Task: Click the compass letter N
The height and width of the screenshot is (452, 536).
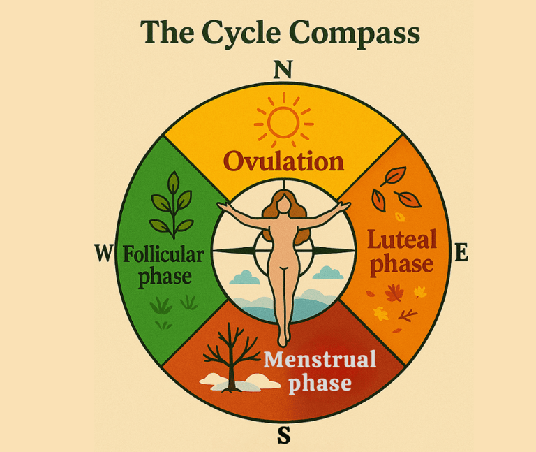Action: pos(282,70)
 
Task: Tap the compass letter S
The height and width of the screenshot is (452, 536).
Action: pos(283,435)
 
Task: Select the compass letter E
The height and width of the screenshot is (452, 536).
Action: pos(461,252)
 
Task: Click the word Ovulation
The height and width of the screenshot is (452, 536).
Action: pos(284,162)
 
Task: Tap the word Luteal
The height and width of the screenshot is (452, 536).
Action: pos(402,240)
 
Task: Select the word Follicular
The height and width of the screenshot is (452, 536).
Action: pos(163,254)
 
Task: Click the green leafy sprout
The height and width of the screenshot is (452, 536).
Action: pos(170,206)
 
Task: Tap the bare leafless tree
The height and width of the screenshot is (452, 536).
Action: pos(224,353)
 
